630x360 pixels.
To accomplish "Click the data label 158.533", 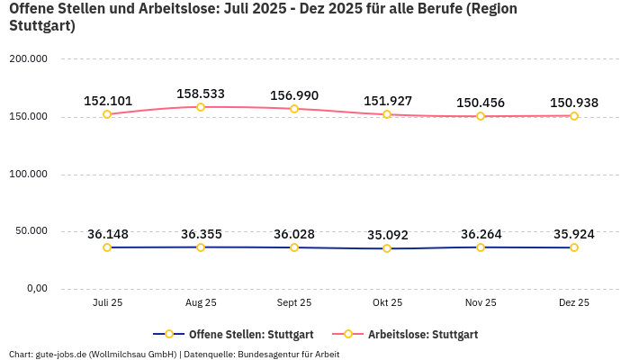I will (x=201, y=94).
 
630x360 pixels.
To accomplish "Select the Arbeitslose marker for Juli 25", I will (x=107, y=114).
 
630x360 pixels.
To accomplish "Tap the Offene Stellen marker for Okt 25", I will (x=387, y=248).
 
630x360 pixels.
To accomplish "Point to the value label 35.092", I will (x=387, y=236).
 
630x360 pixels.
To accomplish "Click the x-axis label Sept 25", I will (x=294, y=303).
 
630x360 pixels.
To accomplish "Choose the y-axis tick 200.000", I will (x=28, y=59).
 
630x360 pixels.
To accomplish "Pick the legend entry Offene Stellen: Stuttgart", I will (x=233, y=334).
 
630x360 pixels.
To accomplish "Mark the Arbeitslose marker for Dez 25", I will (x=574, y=116).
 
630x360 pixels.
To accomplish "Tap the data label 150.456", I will (x=481, y=103).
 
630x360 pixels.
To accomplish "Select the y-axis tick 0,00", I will (x=35, y=288).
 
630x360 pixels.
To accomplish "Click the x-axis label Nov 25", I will (x=481, y=303).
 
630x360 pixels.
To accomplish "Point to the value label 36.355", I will (x=201, y=234).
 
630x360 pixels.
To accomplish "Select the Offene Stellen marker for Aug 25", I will (x=201, y=247).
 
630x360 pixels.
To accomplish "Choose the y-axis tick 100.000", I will (x=28, y=174).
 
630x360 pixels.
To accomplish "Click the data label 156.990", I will (x=294, y=95).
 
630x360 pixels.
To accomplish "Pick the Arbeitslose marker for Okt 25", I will (x=387, y=114).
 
